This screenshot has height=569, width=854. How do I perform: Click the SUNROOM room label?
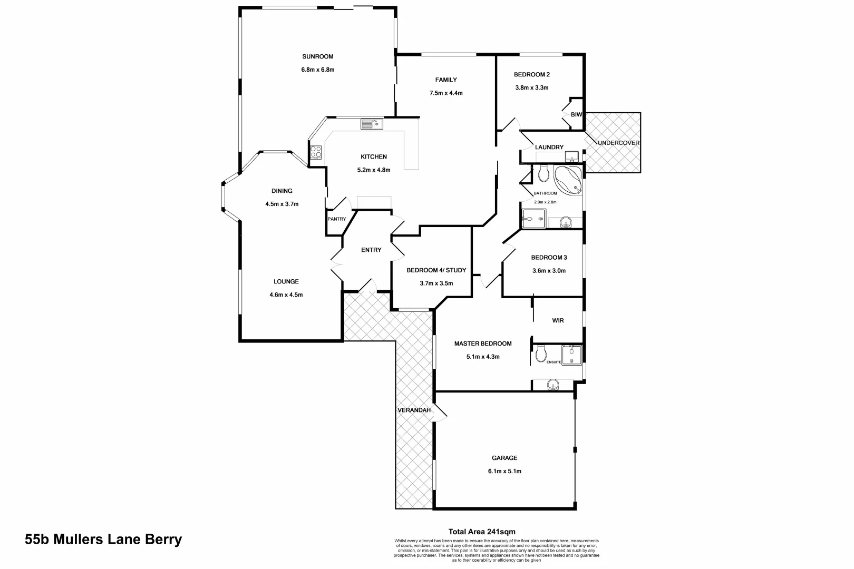(317, 56)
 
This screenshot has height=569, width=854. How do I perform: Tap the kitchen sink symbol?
(371, 124)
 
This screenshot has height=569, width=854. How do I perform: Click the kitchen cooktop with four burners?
(316, 152)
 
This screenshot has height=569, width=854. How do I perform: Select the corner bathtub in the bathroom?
(569, 180)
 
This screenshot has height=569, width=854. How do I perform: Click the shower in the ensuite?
(571, 355)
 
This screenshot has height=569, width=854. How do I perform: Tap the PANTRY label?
(337, 219)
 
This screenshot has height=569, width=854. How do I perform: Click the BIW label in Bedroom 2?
(576, 114)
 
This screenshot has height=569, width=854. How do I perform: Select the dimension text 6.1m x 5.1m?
(504, 471)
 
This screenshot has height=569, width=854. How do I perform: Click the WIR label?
(558, 320)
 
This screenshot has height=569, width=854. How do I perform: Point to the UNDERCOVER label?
(618, 143)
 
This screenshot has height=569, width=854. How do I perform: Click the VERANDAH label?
(414, 410)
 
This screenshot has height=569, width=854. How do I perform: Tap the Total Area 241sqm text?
(481, 532)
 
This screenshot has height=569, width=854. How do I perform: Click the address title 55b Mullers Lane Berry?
(103, 539)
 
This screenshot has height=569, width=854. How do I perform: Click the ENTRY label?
(371, 250)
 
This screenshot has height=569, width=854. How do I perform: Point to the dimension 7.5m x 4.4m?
(446, 93)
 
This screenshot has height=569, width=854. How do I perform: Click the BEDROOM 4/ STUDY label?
(436, 270)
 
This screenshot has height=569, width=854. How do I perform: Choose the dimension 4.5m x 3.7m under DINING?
(282, 204)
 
